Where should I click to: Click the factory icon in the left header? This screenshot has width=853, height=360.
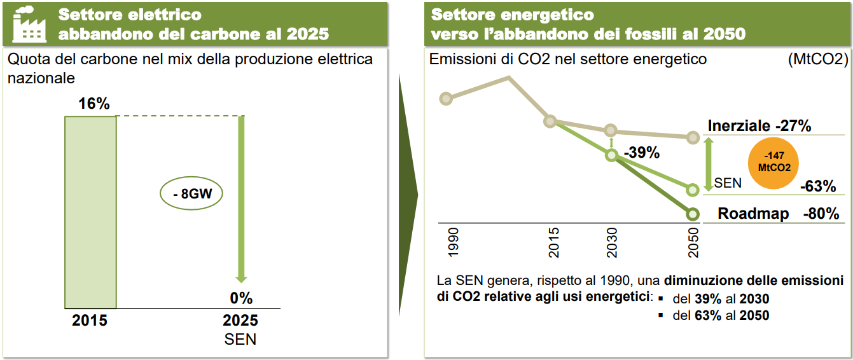(31, 24)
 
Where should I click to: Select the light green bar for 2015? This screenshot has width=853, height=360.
(90, 212)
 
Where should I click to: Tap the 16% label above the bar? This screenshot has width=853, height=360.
(94, 104)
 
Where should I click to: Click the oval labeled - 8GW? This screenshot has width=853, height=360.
(191, 194)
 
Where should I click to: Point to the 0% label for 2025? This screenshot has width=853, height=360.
(241, 298)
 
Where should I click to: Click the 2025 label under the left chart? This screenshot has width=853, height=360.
(240, 320)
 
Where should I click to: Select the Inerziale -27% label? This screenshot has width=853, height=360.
(759, 126)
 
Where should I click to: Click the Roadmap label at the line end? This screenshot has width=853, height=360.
(753, 214)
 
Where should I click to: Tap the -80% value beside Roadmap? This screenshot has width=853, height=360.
(821, 214)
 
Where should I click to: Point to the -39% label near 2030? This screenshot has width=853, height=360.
(641, 153)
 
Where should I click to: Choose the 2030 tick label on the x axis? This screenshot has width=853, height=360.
(612, 242)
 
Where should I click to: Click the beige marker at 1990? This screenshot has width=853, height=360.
(446, 98)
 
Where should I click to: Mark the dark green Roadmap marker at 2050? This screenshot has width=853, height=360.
(693, 214)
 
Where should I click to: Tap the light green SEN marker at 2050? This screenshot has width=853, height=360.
(693, 189)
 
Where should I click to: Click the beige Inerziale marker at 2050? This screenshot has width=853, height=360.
(693, 137)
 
